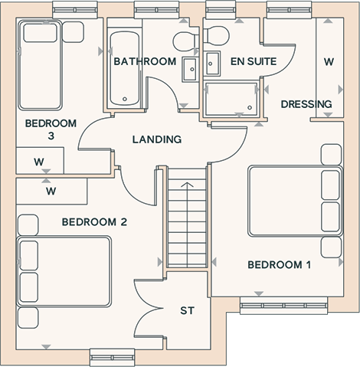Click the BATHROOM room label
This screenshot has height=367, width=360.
(145, 61)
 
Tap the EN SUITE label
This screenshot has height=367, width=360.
(254, 61)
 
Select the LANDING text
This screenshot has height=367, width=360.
(157, 139)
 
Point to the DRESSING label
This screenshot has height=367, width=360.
(306, 104)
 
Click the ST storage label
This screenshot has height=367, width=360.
(187, 310)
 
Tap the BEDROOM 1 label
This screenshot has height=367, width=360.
(280, 265)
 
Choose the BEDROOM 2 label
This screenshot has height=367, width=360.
(94, 222)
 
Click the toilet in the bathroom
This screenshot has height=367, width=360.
(185, 41)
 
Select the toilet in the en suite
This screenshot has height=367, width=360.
(216, 36)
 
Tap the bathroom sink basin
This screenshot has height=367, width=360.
(190, 69)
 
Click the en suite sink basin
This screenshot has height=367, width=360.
(212, 64)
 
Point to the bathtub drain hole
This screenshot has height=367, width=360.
(125, 99)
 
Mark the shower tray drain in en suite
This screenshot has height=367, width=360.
(250, 108)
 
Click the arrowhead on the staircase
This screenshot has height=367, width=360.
(187, 185)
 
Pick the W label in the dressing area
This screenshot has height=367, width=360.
(329, 61)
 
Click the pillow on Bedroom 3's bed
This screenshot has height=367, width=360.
(40, 33)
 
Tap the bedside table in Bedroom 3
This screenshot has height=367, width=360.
(73, 32)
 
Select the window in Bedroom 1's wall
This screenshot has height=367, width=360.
(283, 306)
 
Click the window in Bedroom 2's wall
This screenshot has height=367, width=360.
(113, 358)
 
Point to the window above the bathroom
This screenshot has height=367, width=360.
(157, 10)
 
